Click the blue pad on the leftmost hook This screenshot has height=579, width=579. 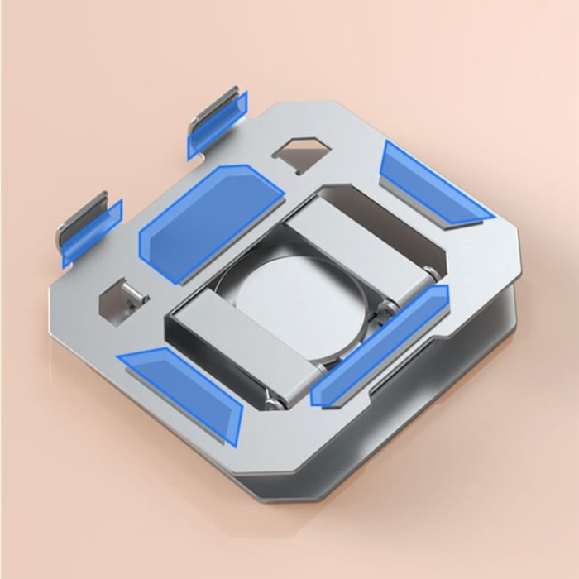click(92, 234)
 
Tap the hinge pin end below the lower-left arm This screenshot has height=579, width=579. click(271, 403)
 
